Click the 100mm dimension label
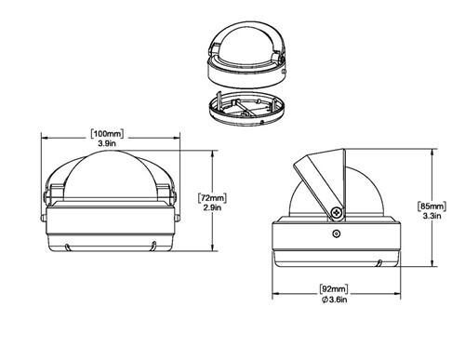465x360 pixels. tap(107, 134)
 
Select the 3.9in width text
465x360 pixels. tap(107, 143)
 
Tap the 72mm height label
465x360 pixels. tap(212, 198)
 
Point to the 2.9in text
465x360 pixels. tap(212, 207)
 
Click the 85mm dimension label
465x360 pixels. tap(432, 206)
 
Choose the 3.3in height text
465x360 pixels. tap(432, 216)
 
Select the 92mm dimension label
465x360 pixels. tap(334, 289)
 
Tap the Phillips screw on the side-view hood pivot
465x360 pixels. tap(337, 213)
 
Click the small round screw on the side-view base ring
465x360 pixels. tap(336, 233)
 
